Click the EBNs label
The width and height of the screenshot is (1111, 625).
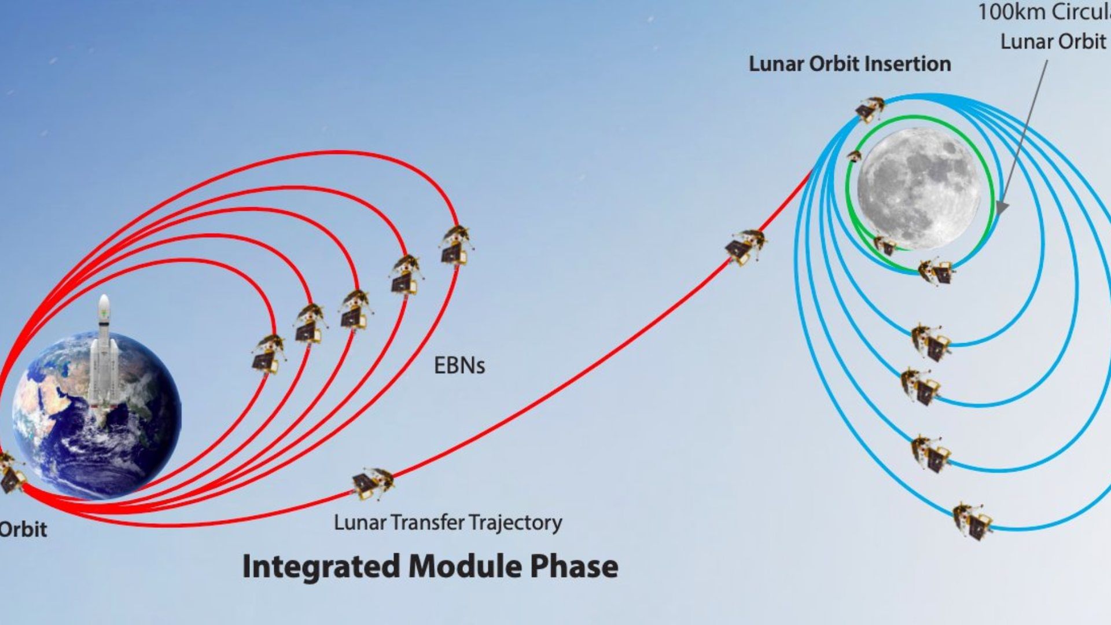(x=459, y=366)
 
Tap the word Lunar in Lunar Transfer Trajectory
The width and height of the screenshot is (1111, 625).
(x=359, y=523)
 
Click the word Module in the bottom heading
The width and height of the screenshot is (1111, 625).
(x=465, y=566)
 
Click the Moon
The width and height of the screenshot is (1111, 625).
(x=918, y=189)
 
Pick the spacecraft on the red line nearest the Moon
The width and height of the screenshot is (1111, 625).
(x=745, y=246)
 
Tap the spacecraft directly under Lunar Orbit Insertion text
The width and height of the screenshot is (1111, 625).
(x=870, y=108)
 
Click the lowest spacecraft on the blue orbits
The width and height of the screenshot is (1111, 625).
(x=972, y=521)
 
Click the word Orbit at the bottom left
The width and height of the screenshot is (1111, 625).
(x=23, y=530)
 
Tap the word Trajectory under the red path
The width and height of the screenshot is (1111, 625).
(x=515, y=523)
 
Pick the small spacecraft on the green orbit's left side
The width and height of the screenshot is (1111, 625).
(x=854, y=156)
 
